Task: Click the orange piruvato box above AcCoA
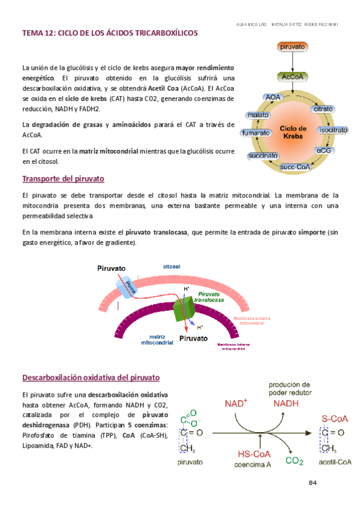coord(293,46)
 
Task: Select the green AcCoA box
coord(293,77)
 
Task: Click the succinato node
coord(263,156)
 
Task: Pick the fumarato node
coord(254,133)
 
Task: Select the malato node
coord(258,115)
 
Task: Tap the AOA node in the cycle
coord(274,97)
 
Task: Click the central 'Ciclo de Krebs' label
coord(293,132)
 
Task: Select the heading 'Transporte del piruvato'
coord(63,179)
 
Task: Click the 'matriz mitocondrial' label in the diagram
coord(157,340)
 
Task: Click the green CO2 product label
coord(294,461)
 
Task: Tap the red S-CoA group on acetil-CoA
coord(334,418)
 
